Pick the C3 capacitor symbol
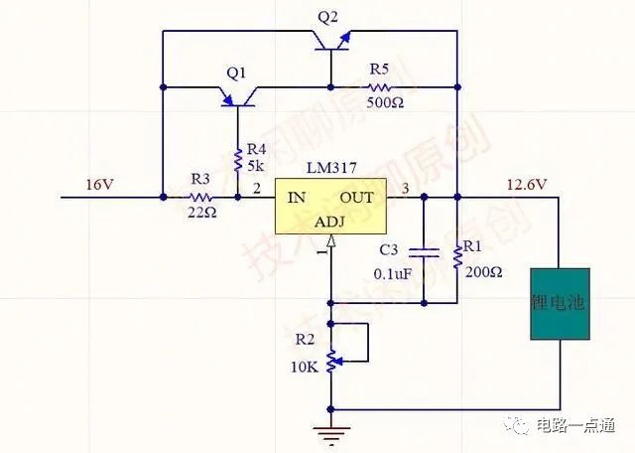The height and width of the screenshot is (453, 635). [x=424, y=249]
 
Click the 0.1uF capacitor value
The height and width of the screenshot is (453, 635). [x=394, y=272]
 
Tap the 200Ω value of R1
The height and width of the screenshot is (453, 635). [x=483, y=270]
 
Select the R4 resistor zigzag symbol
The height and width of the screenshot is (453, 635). [x=238, y=159]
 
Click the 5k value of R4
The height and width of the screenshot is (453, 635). [x=255, y=166]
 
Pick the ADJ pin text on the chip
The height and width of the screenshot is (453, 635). [x=330, y=223]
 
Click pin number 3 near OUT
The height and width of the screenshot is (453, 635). [x=404, y=189]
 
